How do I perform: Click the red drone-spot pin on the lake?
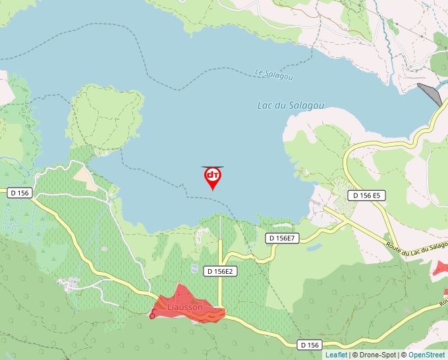(x=213, y=176)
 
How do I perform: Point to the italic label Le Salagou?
(x=273, y=74)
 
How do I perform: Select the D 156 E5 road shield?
(x=366, y=195)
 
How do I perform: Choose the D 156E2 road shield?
(x=220, y=270)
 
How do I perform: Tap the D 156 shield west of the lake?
(x=20, y=193)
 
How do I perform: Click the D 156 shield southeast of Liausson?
(x=309, y=345)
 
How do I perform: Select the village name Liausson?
(x=185, y=307)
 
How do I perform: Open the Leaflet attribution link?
(x=336, y=355)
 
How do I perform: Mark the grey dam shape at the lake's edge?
(x=430, y=94)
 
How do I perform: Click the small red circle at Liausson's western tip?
(x=152, y=316)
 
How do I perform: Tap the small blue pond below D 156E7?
(x=314, y=248)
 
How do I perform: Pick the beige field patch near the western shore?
(x=86, y=176)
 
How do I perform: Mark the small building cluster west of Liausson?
(x=70, y=284)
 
